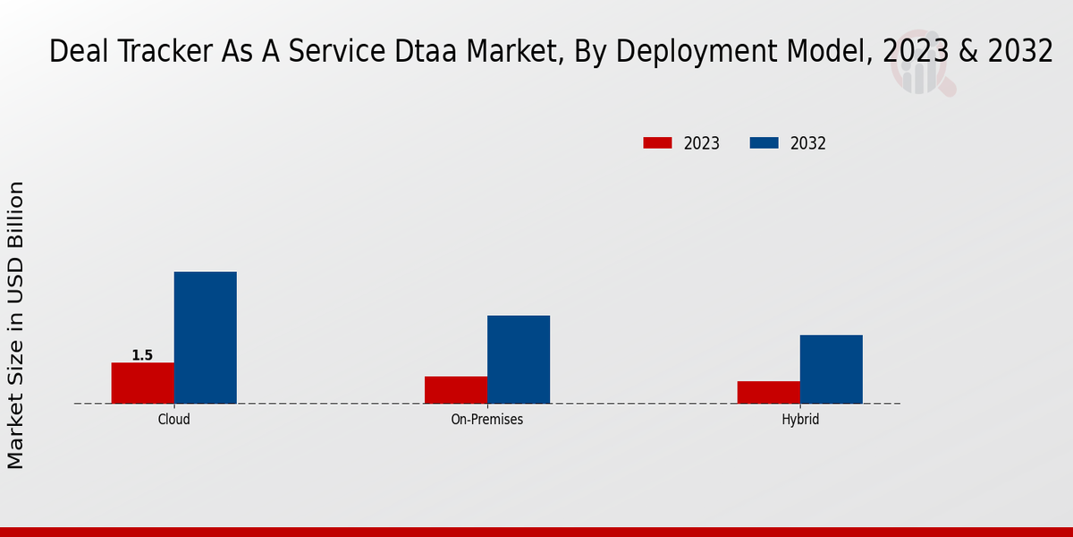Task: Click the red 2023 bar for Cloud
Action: (x=143, y=383)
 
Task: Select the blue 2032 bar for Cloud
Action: (x=206, y=337)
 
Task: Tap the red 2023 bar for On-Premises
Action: (x=456, y=390)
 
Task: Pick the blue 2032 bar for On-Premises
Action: (x=519, y=359)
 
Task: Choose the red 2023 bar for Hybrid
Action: (x=769, y=392)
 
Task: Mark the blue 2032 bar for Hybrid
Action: (x=832, y=369)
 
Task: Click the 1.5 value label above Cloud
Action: (x=142, y=355)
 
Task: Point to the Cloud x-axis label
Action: (x=174, y=419)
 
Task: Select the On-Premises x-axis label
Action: (x=487, y=419)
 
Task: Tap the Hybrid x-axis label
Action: (x=800, y=419)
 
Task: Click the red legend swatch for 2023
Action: (x=657, y=143)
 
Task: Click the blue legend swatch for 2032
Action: (x=764, y=143)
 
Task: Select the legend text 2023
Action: (x=702, y=143)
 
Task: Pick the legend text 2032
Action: (x=808, y=143)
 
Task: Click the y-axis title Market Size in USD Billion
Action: (x=16, y=324)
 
